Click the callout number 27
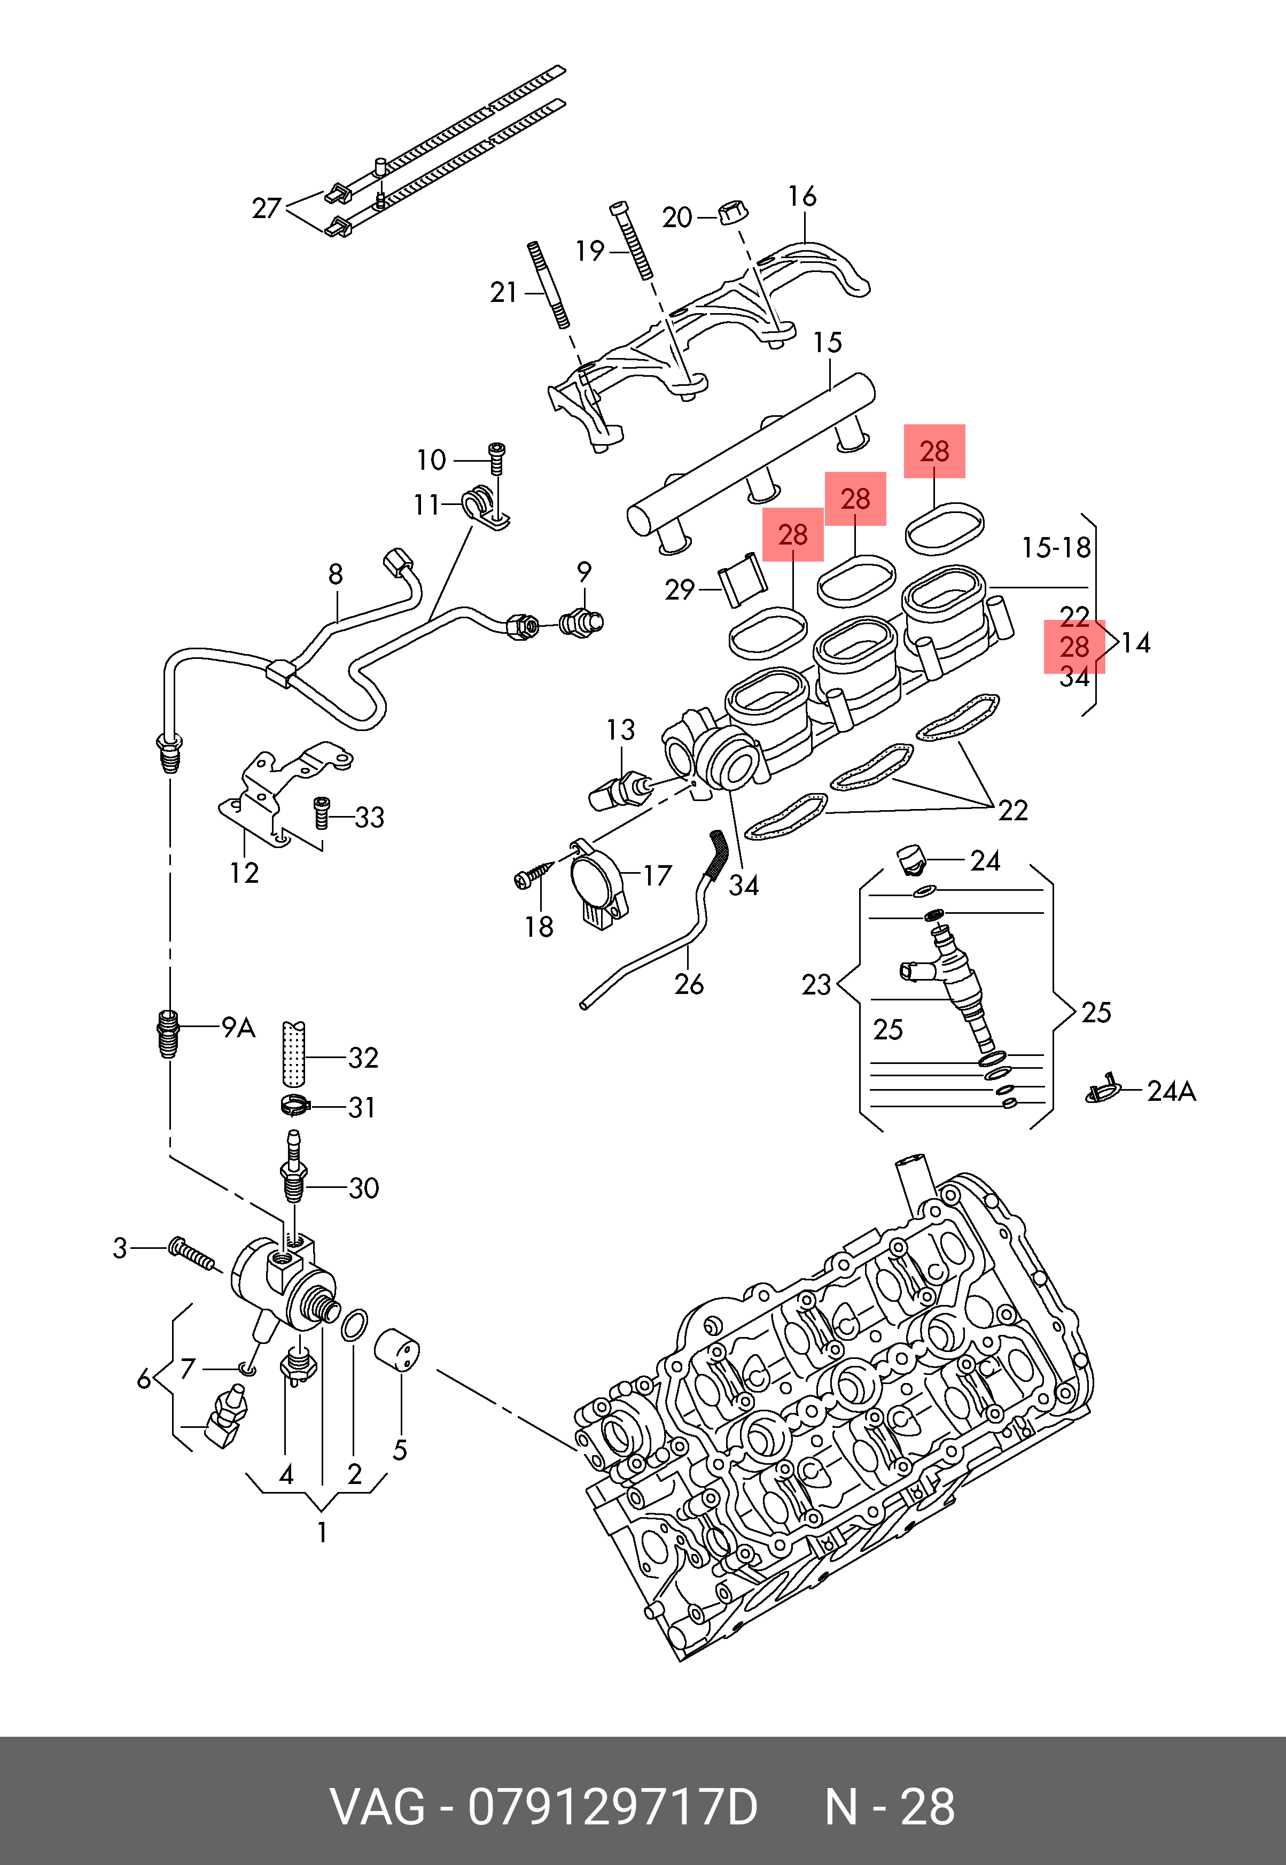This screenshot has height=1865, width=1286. (266, 209)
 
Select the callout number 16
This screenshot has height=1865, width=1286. (802, 196)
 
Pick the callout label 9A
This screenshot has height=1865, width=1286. (238, 1028)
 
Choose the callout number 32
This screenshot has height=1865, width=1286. (363, 1058)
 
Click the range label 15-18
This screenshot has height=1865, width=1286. (1056, 548)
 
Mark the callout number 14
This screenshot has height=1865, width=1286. (1135, 643)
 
